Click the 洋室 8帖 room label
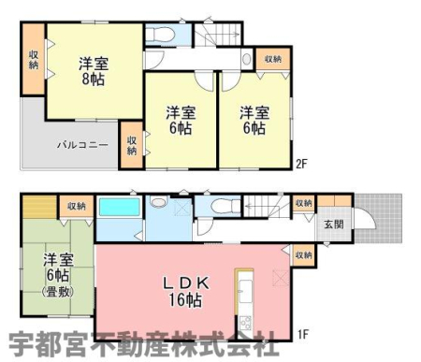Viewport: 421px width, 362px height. (x=94, y=71)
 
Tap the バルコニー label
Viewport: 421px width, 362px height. (x=82, y=145)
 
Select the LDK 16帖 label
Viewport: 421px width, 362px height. (x=186, y=292)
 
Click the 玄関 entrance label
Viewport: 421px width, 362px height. (x=334, y=224)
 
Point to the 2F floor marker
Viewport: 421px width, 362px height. (x=301, y=164)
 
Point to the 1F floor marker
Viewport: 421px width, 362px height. (x=302, y=335)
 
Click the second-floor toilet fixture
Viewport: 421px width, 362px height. (x=159, y=35)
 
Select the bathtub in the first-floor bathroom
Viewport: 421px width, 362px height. (x=119, y=207)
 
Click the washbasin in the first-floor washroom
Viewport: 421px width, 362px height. (x=159, y=201)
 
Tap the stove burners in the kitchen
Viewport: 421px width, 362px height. (x=245, y=324)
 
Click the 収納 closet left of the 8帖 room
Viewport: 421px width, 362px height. (x=33, y=59)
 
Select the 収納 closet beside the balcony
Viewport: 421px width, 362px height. (x=132, y=145)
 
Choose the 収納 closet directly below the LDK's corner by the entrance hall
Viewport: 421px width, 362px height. (x=303, y=255)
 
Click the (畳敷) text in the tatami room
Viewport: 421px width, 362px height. (x=58, y=292)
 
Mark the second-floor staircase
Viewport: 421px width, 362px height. (x=218, y=35)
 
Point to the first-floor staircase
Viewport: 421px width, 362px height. (x=267, y=207)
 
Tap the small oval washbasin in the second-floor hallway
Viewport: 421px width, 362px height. (x=247, y=59)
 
